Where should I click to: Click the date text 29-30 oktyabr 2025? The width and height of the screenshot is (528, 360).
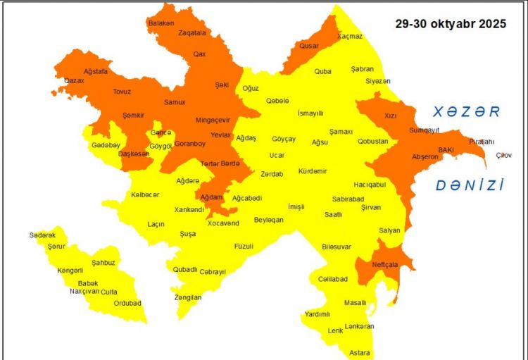[450, 24]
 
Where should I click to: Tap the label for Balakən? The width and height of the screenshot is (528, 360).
[161, 23]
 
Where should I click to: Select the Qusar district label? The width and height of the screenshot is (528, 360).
[309, 46]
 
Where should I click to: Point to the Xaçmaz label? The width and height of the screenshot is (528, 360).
[350, 36]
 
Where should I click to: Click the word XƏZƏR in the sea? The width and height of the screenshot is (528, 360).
[466, 111]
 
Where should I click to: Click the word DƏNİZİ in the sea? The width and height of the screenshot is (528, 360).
[470, 185]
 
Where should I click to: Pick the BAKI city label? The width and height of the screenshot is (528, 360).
[446, 149]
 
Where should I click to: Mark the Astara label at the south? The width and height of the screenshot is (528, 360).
[359, 352]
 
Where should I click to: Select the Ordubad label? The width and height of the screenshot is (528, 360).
[127, 304]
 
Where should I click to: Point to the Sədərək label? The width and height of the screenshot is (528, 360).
[43, 235]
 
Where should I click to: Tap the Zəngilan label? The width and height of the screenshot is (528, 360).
[188, 297]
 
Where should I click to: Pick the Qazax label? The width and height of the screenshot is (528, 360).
[74, 81]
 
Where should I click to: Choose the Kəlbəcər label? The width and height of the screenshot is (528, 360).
[145, 194]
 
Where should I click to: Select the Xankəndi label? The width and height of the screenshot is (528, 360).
[190, 209]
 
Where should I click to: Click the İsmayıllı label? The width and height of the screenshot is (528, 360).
[310, 113]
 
